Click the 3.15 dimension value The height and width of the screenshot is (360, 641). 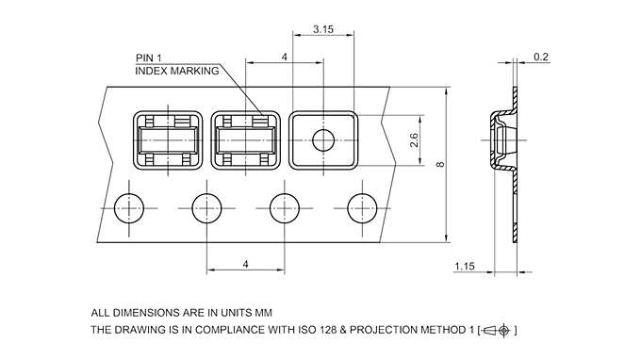pyautogui.click(x=323, y=29)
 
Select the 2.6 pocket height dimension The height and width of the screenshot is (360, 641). pyautogui.click(x=414, y=140)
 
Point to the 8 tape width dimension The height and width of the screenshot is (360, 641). pyautogui.click(x=440, y=164)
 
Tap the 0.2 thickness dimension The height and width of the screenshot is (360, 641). pyautogui.click(x=541, y=57)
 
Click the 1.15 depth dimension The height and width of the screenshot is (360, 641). pyautogui.click(x=465, y=267)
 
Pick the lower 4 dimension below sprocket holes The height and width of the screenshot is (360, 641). pyautogui.click(x=245, y=265)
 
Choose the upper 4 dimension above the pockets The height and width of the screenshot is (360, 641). pyautogui.click(x=284, y=57)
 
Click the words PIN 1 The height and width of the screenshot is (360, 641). pyautogui.click(x=149, y=58)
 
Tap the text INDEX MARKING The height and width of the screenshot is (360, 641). pyautogui.click(x=177, y=71)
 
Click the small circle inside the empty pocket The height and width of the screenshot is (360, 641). pyautogui.click(x=323, y=140)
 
